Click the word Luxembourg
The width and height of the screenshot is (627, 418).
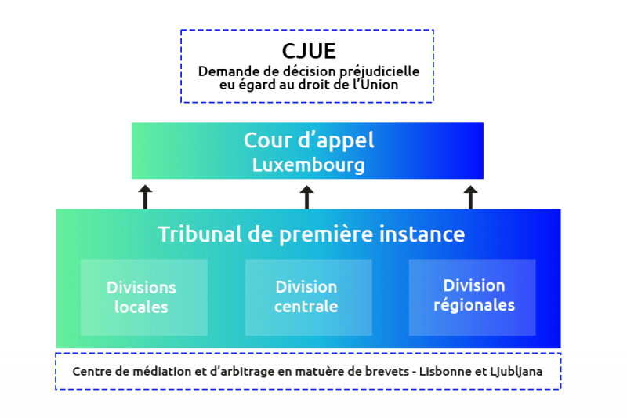pyautogui.click(x=308, y=165)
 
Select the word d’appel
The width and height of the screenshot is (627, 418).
pyautogui.click(x=338, y=140)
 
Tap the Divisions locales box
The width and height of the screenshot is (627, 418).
pyautogui.click(x=143, y=297)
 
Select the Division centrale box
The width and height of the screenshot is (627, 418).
pyautogui.click(x=308, y=297)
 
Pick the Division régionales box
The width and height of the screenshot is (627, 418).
pyautogui.click(x=473, y=297)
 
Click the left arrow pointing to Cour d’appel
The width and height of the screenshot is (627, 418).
pyautogui.click(x=145, y=196)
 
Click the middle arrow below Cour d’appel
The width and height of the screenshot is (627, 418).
pyautogui.click(x=306, y=196)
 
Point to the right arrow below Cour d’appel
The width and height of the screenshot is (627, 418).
pyautogui.click(x=470, y=196)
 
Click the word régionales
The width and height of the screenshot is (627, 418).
pyautogui.click(x=474, y=305)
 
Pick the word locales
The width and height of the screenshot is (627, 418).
pyautogui.click(x=141, y=307)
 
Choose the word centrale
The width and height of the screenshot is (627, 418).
pyautogui.click(x=306, y=307)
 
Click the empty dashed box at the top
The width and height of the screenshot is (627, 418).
pyautogui.click(x=306, y=66)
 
